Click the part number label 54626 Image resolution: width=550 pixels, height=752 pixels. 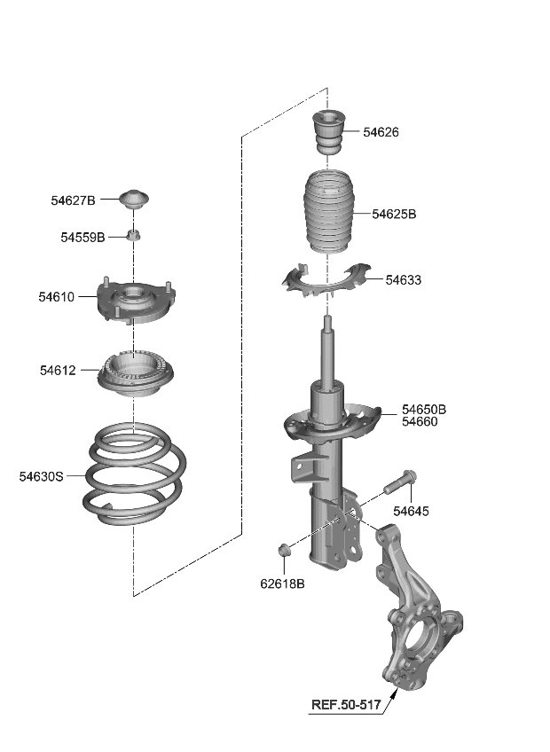[381, 132]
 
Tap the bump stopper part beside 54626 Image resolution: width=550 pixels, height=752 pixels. [327, 133]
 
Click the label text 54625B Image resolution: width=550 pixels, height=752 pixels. [394, 214]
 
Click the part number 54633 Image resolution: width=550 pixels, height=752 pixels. [403, 280]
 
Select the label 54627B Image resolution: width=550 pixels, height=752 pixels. [73, 201]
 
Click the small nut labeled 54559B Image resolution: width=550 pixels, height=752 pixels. [134, 236]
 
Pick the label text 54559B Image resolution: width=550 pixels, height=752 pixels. [82, 238]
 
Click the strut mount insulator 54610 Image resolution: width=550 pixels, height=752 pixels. [133, 302]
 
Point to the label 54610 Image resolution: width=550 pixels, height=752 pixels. [56, 297]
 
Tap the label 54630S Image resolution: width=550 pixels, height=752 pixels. [42, 476]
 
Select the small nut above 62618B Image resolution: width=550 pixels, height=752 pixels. [285, 552]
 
